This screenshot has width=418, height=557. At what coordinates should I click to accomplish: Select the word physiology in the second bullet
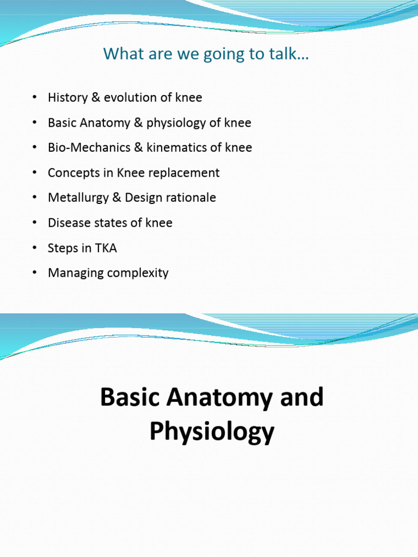pyautogui.click(x=181, y=123)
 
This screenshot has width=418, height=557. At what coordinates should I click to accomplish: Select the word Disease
pyautogui.click(x=67, y=223)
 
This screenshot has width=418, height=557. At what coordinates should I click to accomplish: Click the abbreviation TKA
pyautogui.click(x=107, y=248)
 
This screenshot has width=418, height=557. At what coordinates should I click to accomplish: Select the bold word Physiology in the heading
pyautogui.click(x=212, y=432)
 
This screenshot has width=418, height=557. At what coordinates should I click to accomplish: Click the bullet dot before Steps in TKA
pyautogui.click(x=34, y=248)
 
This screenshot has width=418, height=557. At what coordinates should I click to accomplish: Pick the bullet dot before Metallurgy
pyautogui.click(x=34, y=198)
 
